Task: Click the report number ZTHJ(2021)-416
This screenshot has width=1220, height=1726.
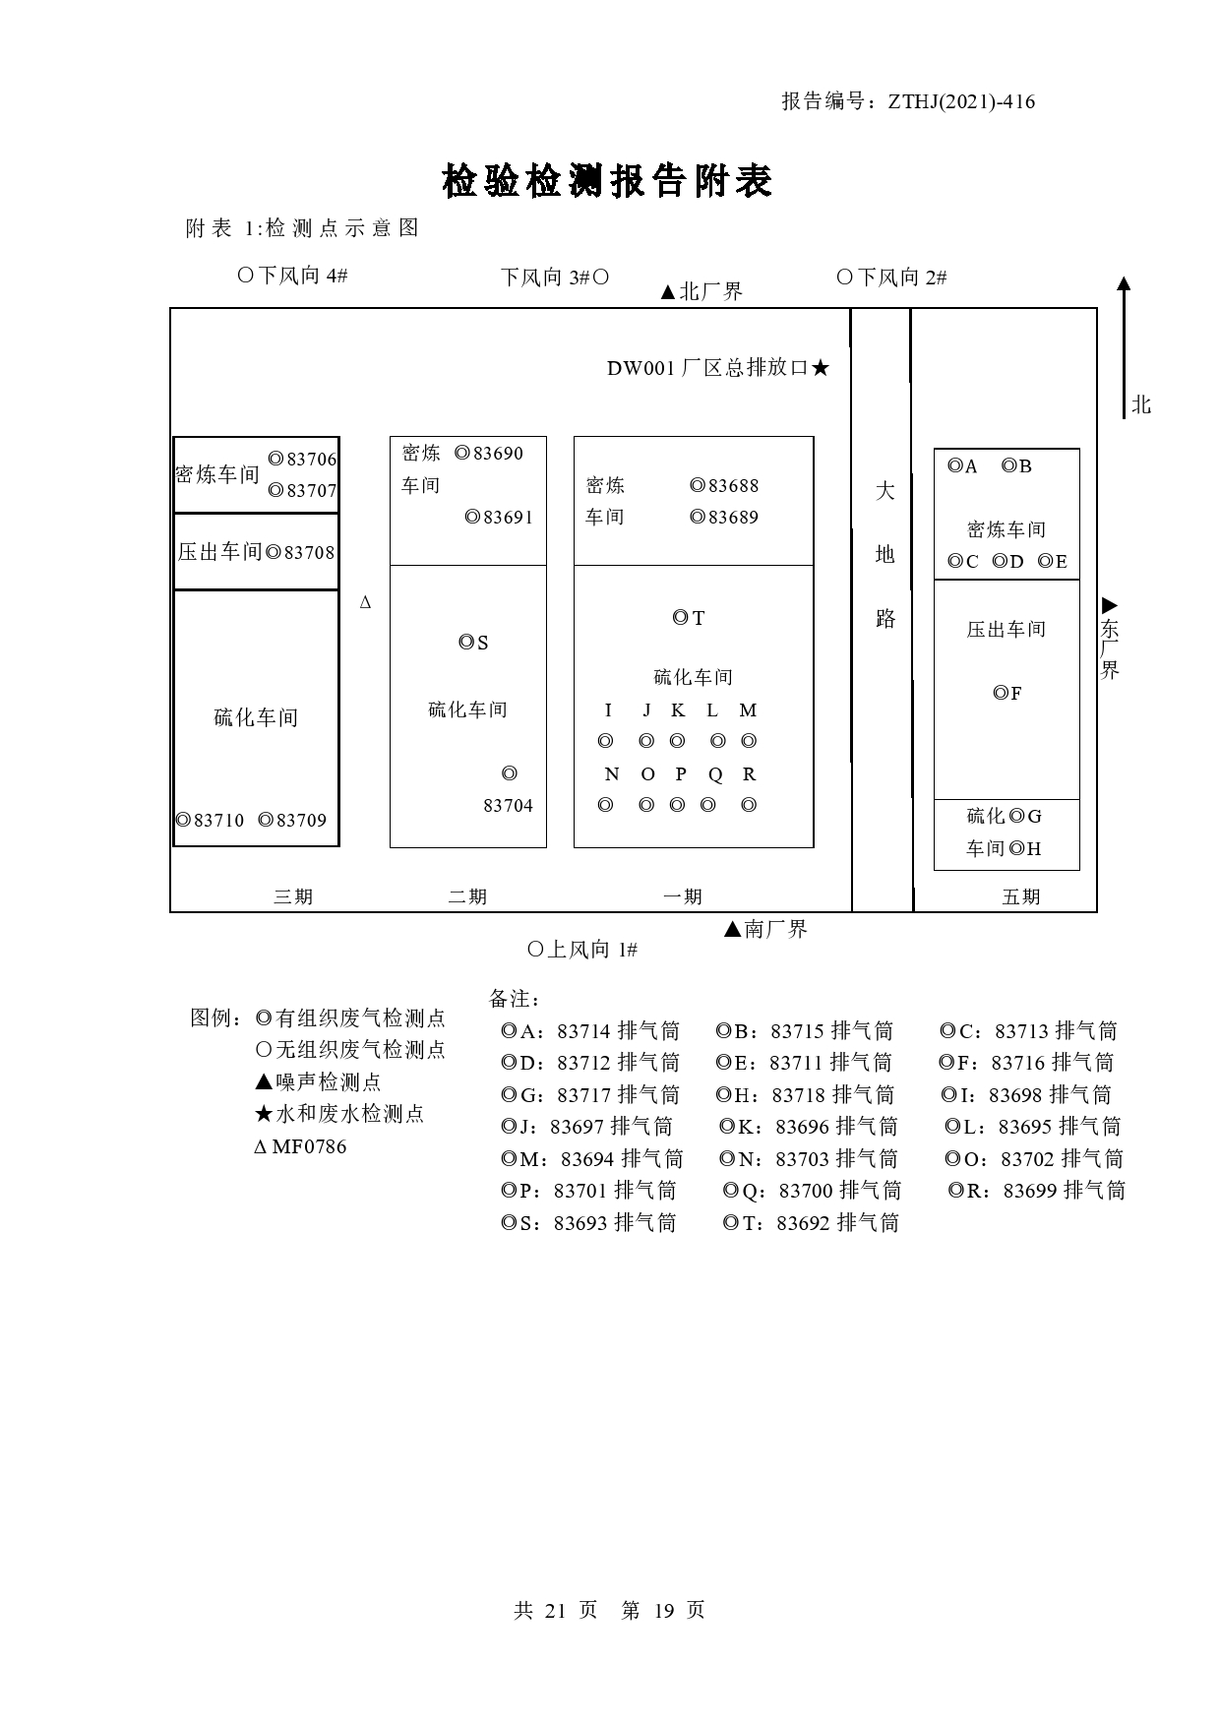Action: pos(961,101)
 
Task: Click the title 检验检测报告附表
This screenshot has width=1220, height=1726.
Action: pos(607,181)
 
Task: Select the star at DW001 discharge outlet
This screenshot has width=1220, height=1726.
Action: pos(821,368)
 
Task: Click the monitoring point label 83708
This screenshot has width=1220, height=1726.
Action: pos(300,552)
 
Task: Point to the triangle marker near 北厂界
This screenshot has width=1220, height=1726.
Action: pos(668,292)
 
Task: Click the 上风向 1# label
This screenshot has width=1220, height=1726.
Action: pos(582,950)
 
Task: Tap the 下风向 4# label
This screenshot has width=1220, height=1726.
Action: pos(293,276)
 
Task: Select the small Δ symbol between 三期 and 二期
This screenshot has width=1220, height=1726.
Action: pos(366,602)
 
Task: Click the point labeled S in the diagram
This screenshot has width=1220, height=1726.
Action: pos(474,643)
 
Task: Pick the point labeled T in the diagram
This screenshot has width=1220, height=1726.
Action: pos(689,618)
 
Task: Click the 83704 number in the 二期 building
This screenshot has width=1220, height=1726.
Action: pos(508,806)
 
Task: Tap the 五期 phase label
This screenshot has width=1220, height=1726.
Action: pos(1021,896)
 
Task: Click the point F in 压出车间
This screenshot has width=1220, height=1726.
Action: pos(1007,694)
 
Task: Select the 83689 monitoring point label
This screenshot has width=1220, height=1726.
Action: pos(724,517)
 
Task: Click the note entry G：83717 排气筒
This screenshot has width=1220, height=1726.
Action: pos(590,1095)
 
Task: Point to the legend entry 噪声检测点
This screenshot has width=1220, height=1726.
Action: pos(318,1082)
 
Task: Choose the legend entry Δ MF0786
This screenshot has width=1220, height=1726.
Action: pos(301,1146)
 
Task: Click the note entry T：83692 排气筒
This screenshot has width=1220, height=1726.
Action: pos(812,1223)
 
